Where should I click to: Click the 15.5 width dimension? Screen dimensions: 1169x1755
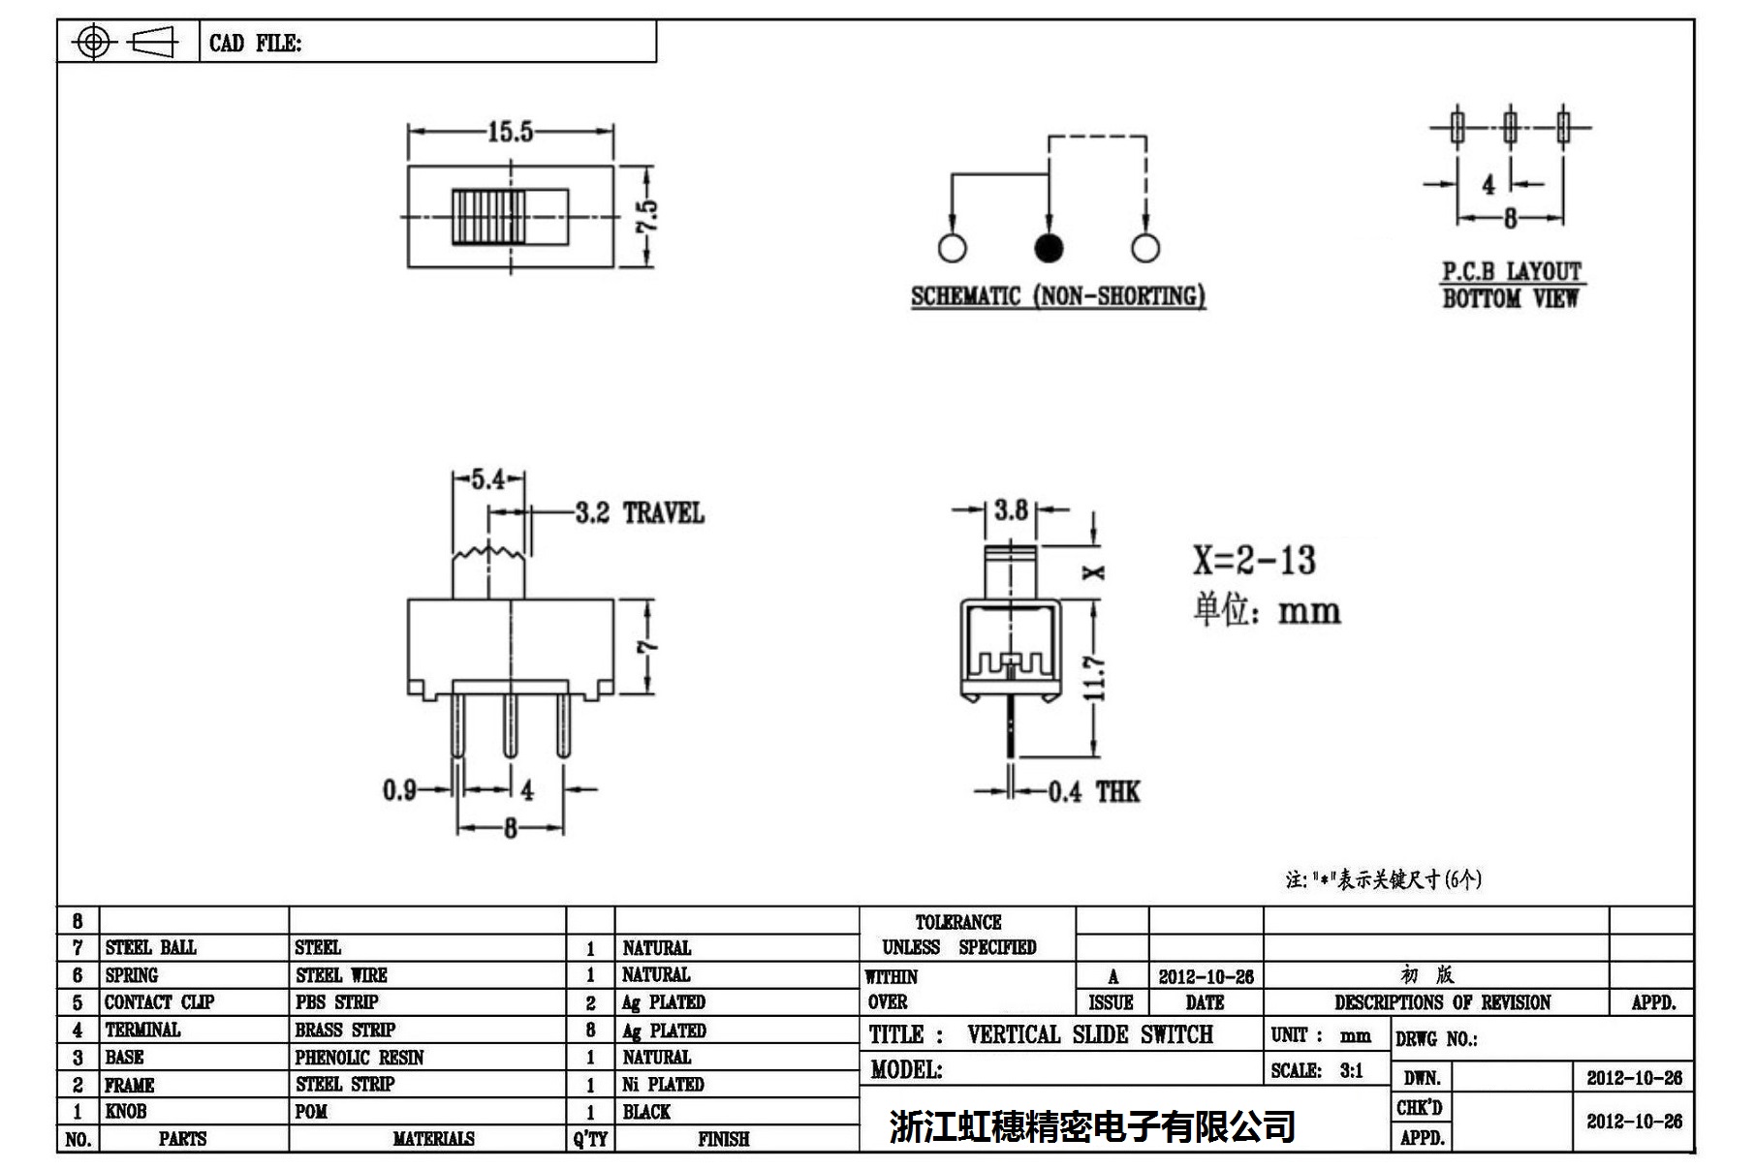(510, 132)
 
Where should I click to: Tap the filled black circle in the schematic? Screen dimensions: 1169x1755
(1049, 248)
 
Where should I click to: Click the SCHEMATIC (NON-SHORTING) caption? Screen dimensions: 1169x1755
(1057, 296)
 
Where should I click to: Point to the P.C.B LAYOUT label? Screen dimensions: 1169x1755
(1511, 272)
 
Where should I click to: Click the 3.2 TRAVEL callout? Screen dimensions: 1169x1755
(639, 513)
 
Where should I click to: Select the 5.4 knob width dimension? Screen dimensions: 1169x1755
(487, 478)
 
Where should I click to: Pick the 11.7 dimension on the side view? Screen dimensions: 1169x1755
(1095, 678)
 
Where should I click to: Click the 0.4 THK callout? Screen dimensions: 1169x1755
(1094, 792)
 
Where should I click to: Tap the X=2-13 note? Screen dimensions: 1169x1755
(1254, 561)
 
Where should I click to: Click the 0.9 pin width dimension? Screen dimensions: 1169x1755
(399, 790)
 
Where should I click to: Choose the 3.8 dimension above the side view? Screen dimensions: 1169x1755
(1011, 509)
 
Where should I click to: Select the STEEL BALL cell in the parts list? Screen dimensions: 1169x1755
(150, 947)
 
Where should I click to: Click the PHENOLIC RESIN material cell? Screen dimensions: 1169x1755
(359, 1058)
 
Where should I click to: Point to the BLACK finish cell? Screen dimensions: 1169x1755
(646, 1112)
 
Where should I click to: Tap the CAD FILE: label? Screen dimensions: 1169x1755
(255, 44)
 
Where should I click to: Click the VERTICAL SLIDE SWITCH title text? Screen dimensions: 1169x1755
(1089, 1035)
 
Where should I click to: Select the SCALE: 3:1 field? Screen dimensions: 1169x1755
(1317, 1070)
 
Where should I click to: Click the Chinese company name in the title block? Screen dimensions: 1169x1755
(1092, 1126)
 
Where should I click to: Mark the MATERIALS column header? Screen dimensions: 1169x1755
(433, 1139)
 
